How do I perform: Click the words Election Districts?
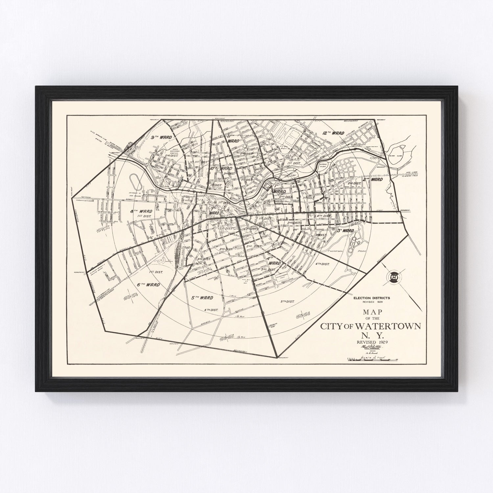[x=371, y=298]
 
